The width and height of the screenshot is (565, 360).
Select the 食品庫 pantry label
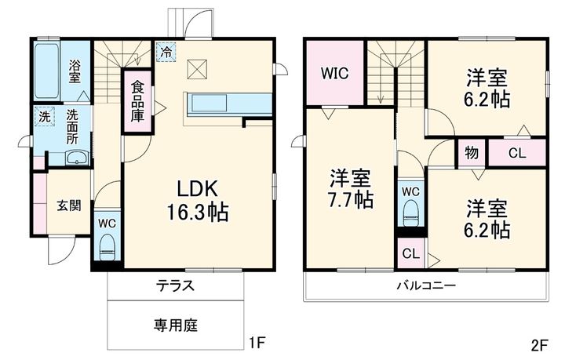137,100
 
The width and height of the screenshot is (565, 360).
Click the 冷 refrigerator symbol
166,51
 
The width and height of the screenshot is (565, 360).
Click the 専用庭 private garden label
175,323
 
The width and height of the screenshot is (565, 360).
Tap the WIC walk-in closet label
334,73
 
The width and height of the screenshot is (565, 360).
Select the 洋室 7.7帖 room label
350,189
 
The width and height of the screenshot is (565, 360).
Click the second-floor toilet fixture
410,209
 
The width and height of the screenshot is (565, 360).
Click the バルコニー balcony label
425,286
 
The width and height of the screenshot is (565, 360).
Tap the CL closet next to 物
516,152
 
